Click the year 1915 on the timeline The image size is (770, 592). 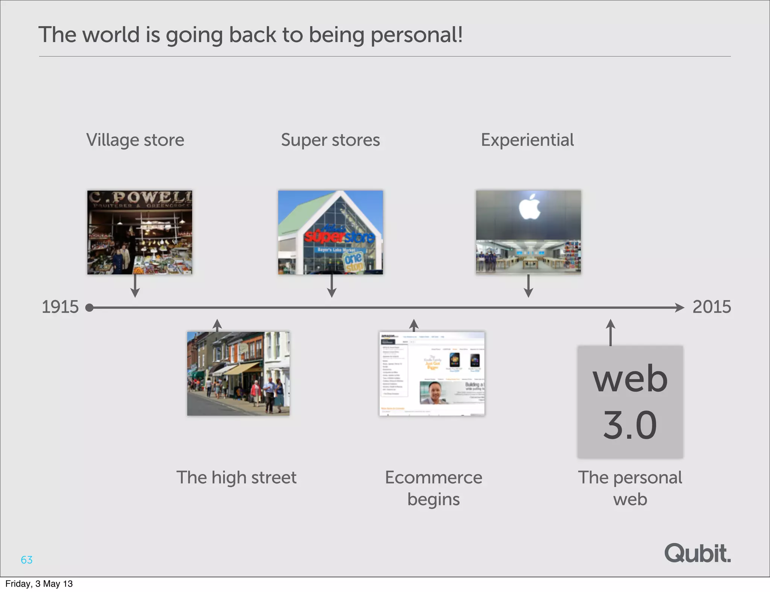click(x=60, y=307)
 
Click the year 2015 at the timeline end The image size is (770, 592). click(x=711, y=307)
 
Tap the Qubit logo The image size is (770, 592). click(x=697, y=554)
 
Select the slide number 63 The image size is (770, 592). click(x=27, y=560)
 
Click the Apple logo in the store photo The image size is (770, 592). click(x=529, y=207)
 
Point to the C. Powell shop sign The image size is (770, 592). click(x=140, y=197)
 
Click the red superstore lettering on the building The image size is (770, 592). click(x=338, y=236)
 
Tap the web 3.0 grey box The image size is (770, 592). click(x=630, y=402)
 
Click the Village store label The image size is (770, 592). click(x=135, y=140)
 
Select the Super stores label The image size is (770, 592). click(x=330, y=140)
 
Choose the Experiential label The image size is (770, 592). click(x=527, y=140)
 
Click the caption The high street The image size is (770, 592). click(x=236, y=477)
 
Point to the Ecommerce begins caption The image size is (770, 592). click(x=434, y=488)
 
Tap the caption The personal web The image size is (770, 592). click(x=630, y=488)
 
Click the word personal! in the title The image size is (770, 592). click(x=417, y=35)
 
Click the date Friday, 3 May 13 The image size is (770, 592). click(x=39, y=584)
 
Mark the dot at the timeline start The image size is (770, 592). click(x=89, y=308)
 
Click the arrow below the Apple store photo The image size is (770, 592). click(x=528, y=286)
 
